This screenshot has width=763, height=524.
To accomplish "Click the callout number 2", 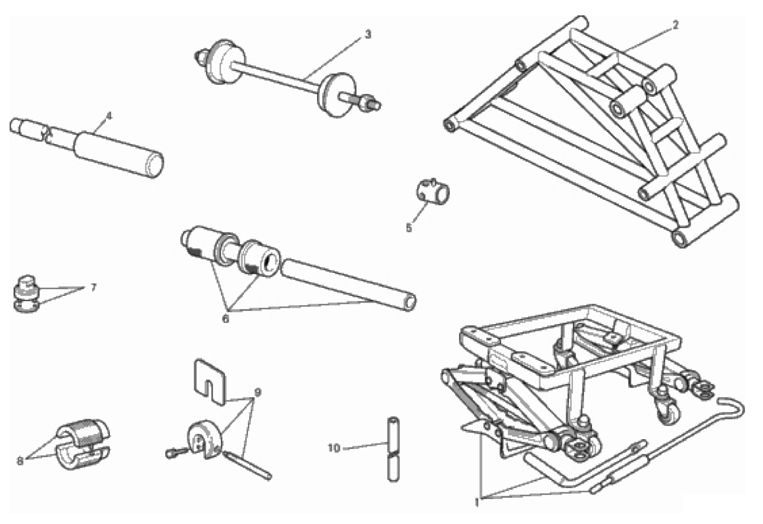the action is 676,25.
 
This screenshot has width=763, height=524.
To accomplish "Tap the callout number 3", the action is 368,35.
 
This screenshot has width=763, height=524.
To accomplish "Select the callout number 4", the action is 109,116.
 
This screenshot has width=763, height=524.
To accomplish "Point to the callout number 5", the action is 408,227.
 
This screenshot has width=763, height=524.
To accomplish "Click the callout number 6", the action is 226,319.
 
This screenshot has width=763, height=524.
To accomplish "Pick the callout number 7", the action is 93,287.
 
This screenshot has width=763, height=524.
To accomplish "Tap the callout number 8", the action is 20,461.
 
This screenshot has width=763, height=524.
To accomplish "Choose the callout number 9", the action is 257,392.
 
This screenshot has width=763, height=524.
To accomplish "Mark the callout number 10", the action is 334,448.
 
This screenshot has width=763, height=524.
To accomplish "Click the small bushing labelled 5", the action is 433,190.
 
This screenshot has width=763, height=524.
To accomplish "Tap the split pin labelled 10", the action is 393,448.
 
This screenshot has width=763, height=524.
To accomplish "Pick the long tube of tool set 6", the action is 349,285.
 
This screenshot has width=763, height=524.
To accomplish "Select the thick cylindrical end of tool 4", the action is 119,154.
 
